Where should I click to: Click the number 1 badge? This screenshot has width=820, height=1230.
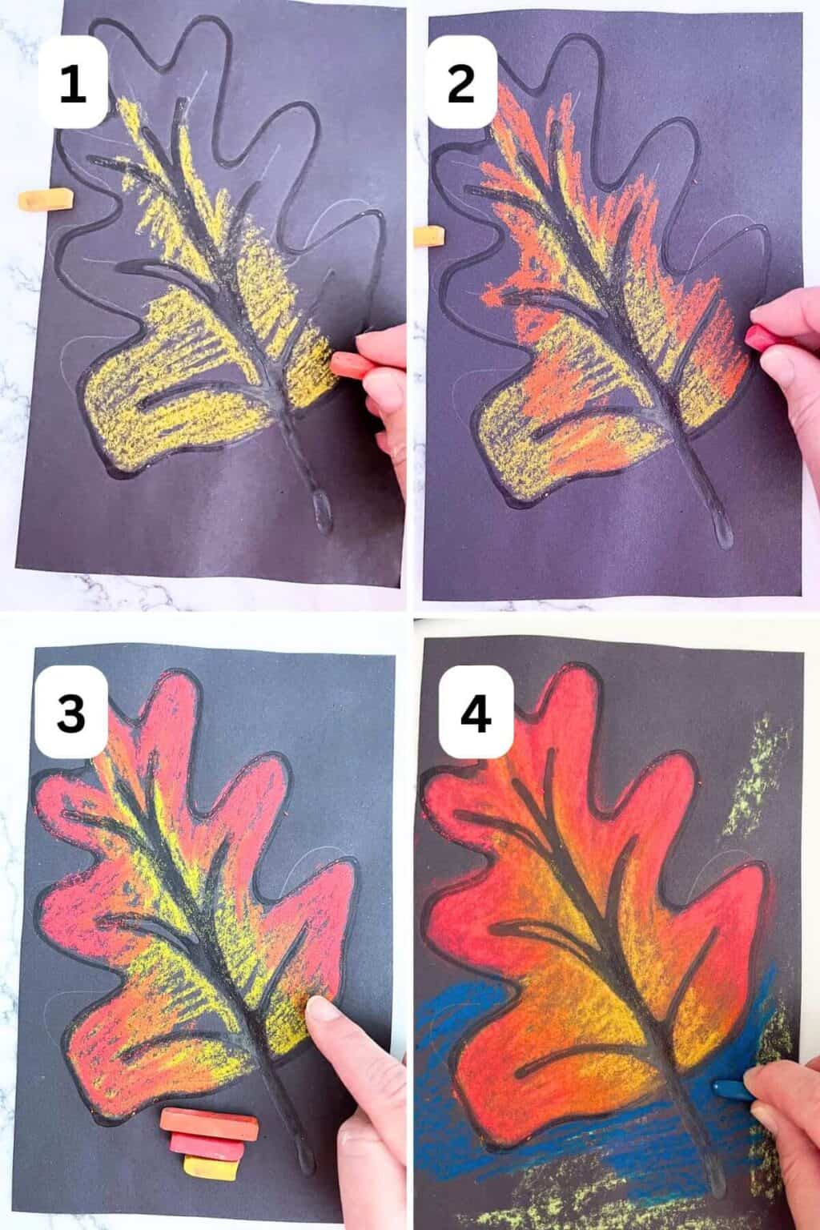coord(73,85)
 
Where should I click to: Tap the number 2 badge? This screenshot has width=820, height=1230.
coord(461,85)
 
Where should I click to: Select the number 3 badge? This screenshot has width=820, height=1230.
coord(70,712)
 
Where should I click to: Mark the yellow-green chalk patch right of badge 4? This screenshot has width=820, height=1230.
coord(751,769)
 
